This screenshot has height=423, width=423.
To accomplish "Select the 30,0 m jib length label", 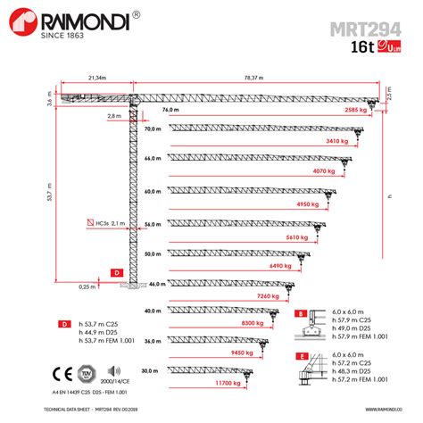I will (149, 369).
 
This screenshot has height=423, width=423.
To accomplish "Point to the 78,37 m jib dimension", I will (258, 78).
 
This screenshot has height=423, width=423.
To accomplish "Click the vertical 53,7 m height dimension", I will (48, 191).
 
